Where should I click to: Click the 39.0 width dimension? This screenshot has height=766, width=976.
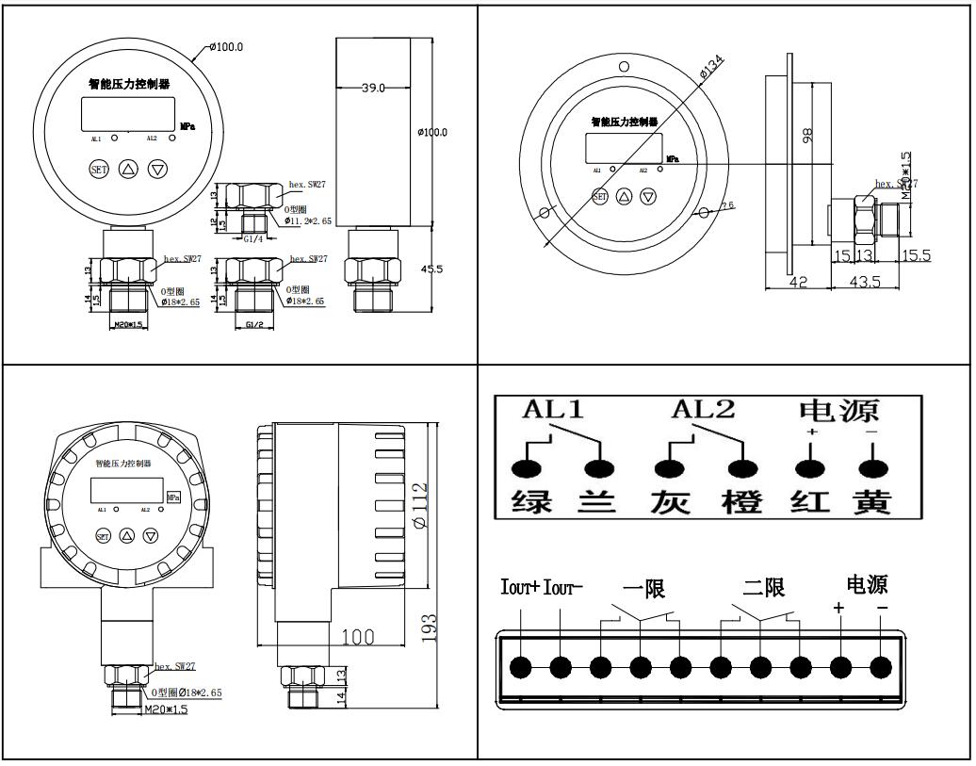pyautogui.click(x=374, y=88)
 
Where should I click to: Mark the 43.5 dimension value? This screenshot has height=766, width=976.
pyautogui.click(x=864, y=284)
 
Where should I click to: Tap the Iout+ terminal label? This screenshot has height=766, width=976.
pyautogui.click(x=519, y=589)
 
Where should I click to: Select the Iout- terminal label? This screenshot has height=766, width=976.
pyautogui.click(x=564, y=589)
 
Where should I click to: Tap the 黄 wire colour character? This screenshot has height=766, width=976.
pyautogui.click(x=871, y=501)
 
